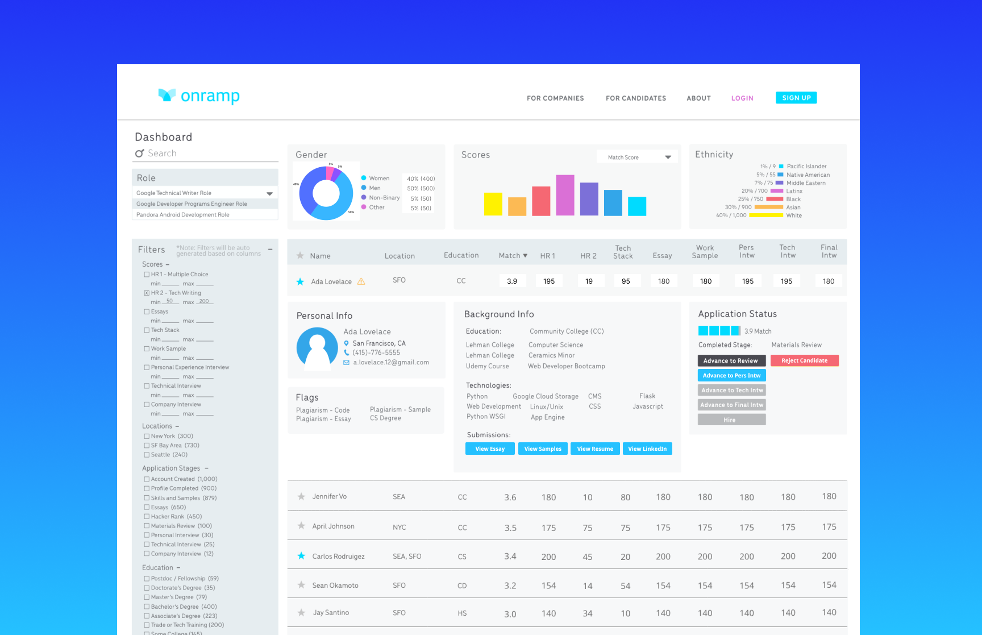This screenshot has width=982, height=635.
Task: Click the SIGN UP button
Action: point(796,98)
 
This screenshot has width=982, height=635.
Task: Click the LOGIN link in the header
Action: point(742,98)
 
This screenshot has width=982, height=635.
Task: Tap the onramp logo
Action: point(199,96)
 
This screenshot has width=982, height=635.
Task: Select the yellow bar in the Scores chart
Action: point(493,204)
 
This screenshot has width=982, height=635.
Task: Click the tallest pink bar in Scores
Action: point(565,195)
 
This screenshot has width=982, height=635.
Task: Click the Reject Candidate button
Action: point(804,360)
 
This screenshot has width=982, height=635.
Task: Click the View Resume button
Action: point(595,449)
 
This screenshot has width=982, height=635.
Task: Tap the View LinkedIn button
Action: point(647,449)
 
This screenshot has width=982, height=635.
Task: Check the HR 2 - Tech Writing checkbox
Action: point(147,293)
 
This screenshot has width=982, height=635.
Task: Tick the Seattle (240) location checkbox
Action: point(147,455)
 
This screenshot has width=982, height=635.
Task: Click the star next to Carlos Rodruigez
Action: point(301,556)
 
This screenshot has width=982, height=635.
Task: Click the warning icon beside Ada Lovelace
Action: point(361,281)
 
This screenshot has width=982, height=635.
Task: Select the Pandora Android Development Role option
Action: point(183,215)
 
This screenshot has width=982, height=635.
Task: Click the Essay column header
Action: point(662,256)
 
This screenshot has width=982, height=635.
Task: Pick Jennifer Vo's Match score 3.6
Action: point(510,497)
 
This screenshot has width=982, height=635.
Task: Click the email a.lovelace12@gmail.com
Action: point(391,362)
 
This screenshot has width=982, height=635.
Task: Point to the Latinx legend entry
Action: point(794,191)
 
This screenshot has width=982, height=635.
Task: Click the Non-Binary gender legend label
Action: point(384,198)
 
